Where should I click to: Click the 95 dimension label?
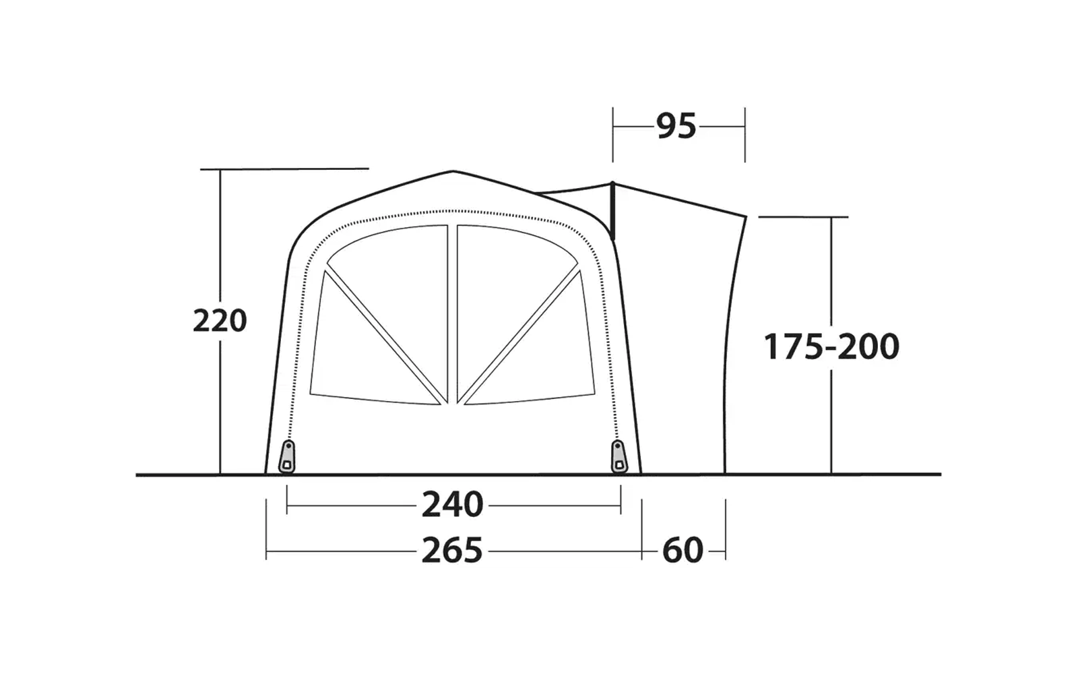tap(676, 126)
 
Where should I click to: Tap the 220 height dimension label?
tap(220, 321)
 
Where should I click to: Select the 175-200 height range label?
tap(831, 346)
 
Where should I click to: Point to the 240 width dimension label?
tap(452, 505)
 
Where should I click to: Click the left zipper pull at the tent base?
tap(287, 456)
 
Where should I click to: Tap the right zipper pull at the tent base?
tap(619, 456)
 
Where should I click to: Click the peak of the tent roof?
tap(453, 171)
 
